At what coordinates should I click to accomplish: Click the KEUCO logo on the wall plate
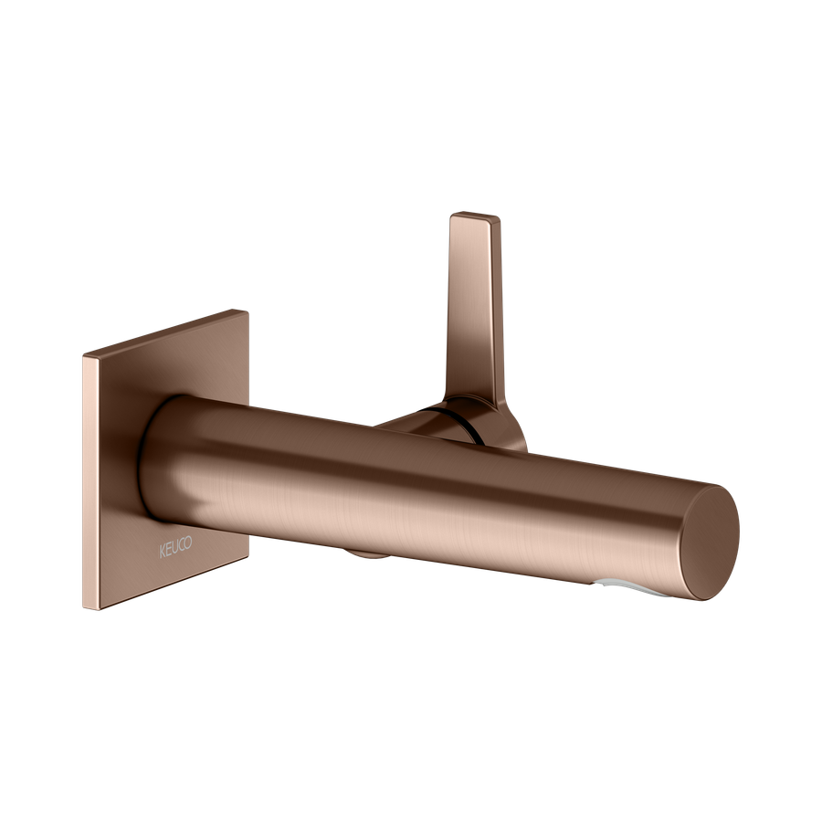pyautogui.click(x=175, y=547)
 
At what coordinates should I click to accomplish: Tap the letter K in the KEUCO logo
pyautogui.click(x=163, y=552)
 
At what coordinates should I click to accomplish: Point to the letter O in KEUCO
pyautogui.click(x=188, y=543)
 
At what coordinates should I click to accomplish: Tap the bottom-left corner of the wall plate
pyautogui.click(x=84, y=608)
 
